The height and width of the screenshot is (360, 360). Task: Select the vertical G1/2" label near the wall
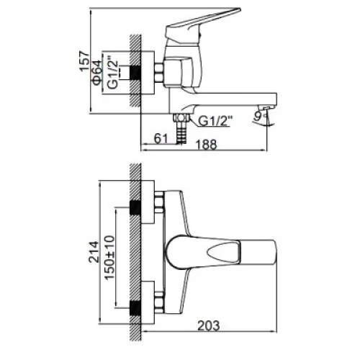pyautogui.click(x=112, y=73)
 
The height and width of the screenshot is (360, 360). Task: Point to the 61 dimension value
pyautogui.click(x=161, y=138)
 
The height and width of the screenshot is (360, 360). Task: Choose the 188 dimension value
pyautogui.click(x=207, y=145)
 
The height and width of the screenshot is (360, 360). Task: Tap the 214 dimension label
pyautogui.click(x=94, y=252)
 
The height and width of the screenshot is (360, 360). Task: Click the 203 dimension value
pyautogui.click(x=208, y=325)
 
